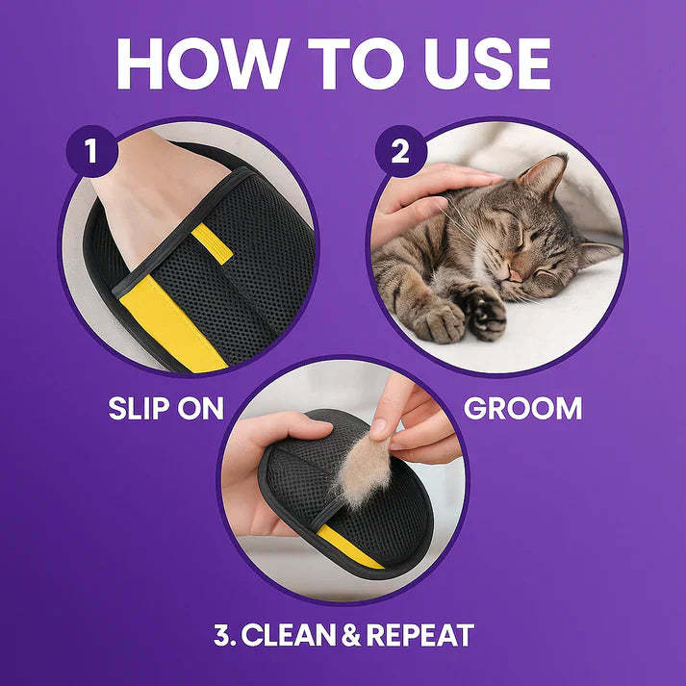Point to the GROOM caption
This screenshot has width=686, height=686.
pos(522,407)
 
